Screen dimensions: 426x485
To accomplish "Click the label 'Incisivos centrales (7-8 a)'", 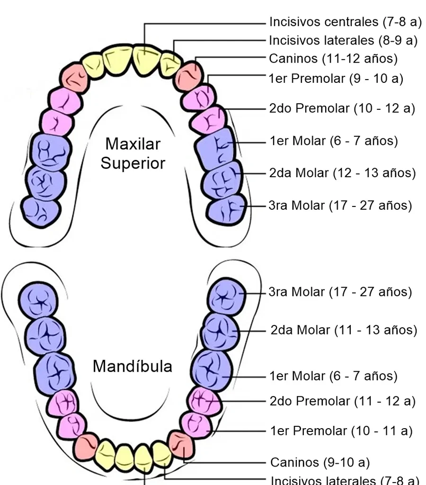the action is point(346,22).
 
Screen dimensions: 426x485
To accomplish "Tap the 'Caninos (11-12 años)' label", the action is point(333,58).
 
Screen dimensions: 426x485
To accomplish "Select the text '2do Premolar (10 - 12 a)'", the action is point(342,108).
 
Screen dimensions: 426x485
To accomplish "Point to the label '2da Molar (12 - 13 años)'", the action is point(342,173).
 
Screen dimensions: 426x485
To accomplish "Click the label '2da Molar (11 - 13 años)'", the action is point(344,330).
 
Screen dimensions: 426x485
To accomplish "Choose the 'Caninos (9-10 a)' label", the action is point(320,462).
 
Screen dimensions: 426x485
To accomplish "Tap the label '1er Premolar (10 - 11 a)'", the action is point(341,431).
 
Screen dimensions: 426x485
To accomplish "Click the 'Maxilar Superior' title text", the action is point(133,153).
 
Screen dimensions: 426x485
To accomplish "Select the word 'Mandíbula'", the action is point(133,366).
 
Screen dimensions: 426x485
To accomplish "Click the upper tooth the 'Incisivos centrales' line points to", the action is point(146,59).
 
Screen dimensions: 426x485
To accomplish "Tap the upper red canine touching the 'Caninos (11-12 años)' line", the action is point(189,76).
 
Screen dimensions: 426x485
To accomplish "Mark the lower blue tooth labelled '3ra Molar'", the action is point(226,296).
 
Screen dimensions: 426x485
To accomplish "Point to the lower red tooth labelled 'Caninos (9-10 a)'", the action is point(181,446).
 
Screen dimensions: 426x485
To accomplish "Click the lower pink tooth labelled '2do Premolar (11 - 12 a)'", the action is point(204,402).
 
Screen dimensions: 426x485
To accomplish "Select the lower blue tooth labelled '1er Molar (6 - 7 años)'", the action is point(212,369).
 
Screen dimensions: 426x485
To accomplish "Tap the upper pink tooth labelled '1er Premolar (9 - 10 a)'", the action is point(198,98).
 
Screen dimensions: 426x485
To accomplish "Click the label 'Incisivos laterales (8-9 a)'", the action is point(343,41).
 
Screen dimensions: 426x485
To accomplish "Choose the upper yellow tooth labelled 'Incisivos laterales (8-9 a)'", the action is point(170,64).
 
